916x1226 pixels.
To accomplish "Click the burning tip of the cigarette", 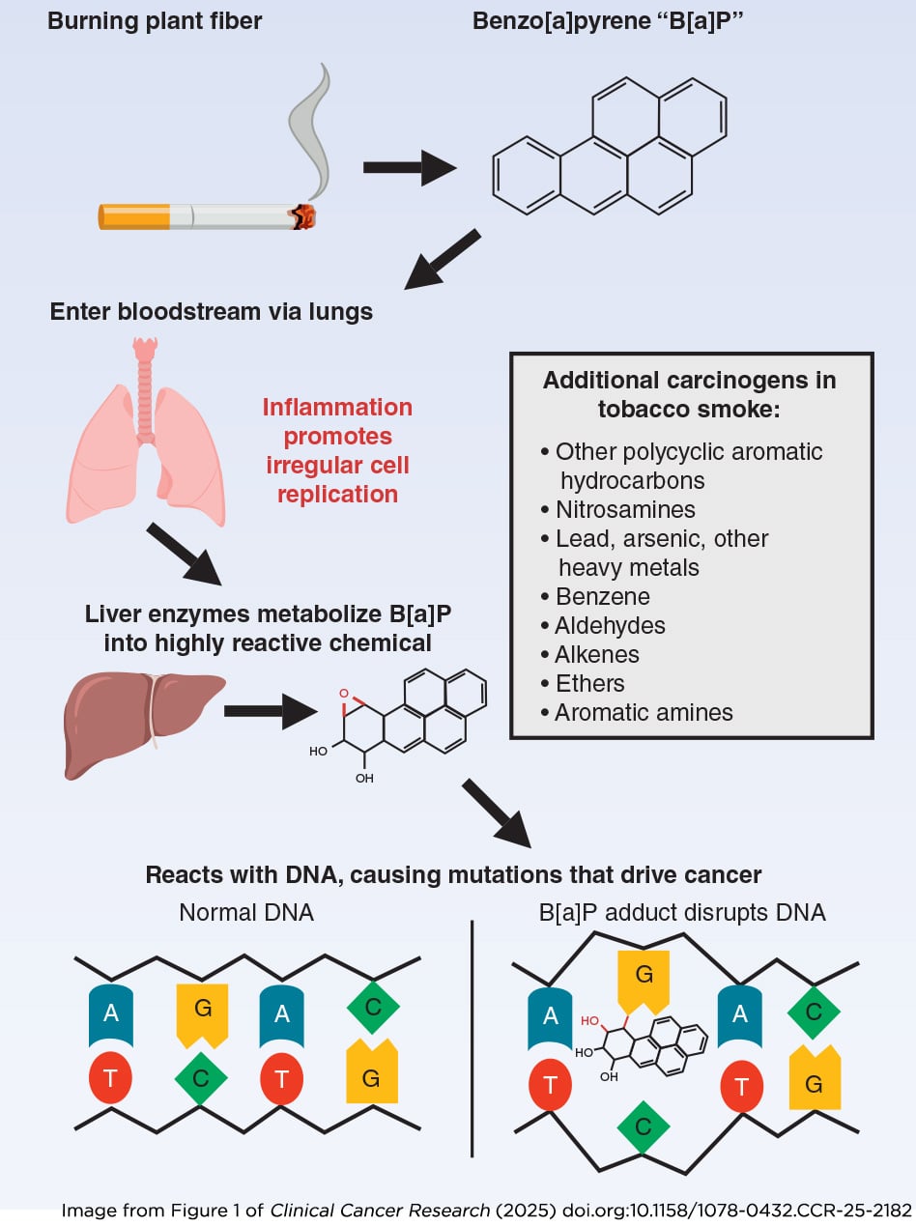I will tap(305, 216).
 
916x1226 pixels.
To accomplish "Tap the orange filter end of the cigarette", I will tap(134, 216).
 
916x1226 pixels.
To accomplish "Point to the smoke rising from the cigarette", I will tap(311, 126).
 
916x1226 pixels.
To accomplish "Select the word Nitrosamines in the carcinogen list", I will tap(624, 509).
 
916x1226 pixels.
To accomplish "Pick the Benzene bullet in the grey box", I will tap(602, 596).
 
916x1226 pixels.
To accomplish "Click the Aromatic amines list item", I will tap(643, 713).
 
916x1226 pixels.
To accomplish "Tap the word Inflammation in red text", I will tap(337, 407).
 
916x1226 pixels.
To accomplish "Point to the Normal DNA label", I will tap(246, 912).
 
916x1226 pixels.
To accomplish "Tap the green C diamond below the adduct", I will tap(644, 1126).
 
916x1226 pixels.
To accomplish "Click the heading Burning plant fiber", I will tap(154, 20).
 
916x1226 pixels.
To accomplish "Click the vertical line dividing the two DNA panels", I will tap(473, 1039).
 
